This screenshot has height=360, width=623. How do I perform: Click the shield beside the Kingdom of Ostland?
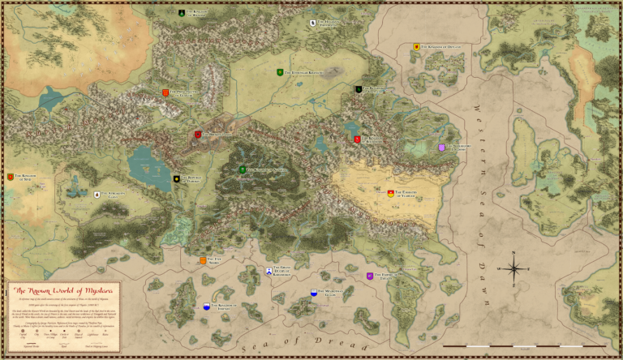point(416,47)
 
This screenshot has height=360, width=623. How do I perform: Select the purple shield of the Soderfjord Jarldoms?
point(441,148)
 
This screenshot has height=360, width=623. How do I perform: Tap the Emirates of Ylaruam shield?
point(391,192)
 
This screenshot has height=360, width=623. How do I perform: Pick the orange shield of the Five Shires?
point(203,260)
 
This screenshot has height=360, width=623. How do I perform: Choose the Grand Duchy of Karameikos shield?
point(269,270)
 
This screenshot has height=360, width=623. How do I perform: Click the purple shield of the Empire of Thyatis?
point(370,276)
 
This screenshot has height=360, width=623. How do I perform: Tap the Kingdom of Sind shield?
point(11,177)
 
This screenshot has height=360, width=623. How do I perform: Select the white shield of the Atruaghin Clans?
point(97,195)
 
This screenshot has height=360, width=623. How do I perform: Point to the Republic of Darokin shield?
point(177,178)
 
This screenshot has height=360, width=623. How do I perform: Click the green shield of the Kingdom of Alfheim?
point(243,169)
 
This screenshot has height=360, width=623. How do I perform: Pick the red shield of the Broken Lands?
point(197,135)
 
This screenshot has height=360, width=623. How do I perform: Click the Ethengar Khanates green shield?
point(280,73)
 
